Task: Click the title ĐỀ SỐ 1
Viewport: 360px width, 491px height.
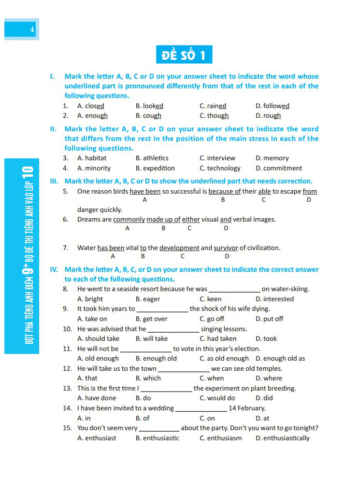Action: [184, 55]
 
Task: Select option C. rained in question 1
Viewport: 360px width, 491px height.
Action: [213, 106]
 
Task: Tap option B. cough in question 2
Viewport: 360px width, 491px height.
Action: [148, 116]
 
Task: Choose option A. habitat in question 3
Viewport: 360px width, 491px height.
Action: [92, 158]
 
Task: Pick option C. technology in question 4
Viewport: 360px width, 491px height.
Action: [220, 168]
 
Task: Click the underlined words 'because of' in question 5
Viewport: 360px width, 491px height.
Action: [224, 191]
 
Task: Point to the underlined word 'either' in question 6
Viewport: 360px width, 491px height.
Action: [191, 219]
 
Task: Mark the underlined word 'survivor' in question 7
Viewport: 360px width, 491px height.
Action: [226, 248]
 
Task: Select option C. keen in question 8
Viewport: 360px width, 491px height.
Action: [210, 299]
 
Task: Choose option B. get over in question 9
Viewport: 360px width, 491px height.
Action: [151, 319]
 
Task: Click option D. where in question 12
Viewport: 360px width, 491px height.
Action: [269, 378]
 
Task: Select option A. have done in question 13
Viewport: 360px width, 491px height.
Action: [97, 398]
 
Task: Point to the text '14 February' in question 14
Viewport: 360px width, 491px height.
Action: [247, 408]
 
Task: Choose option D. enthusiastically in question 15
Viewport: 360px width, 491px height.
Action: [282, 438]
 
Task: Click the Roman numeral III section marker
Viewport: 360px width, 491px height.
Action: [54, 181]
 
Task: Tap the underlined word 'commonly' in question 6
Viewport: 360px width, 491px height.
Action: [129, 219]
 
